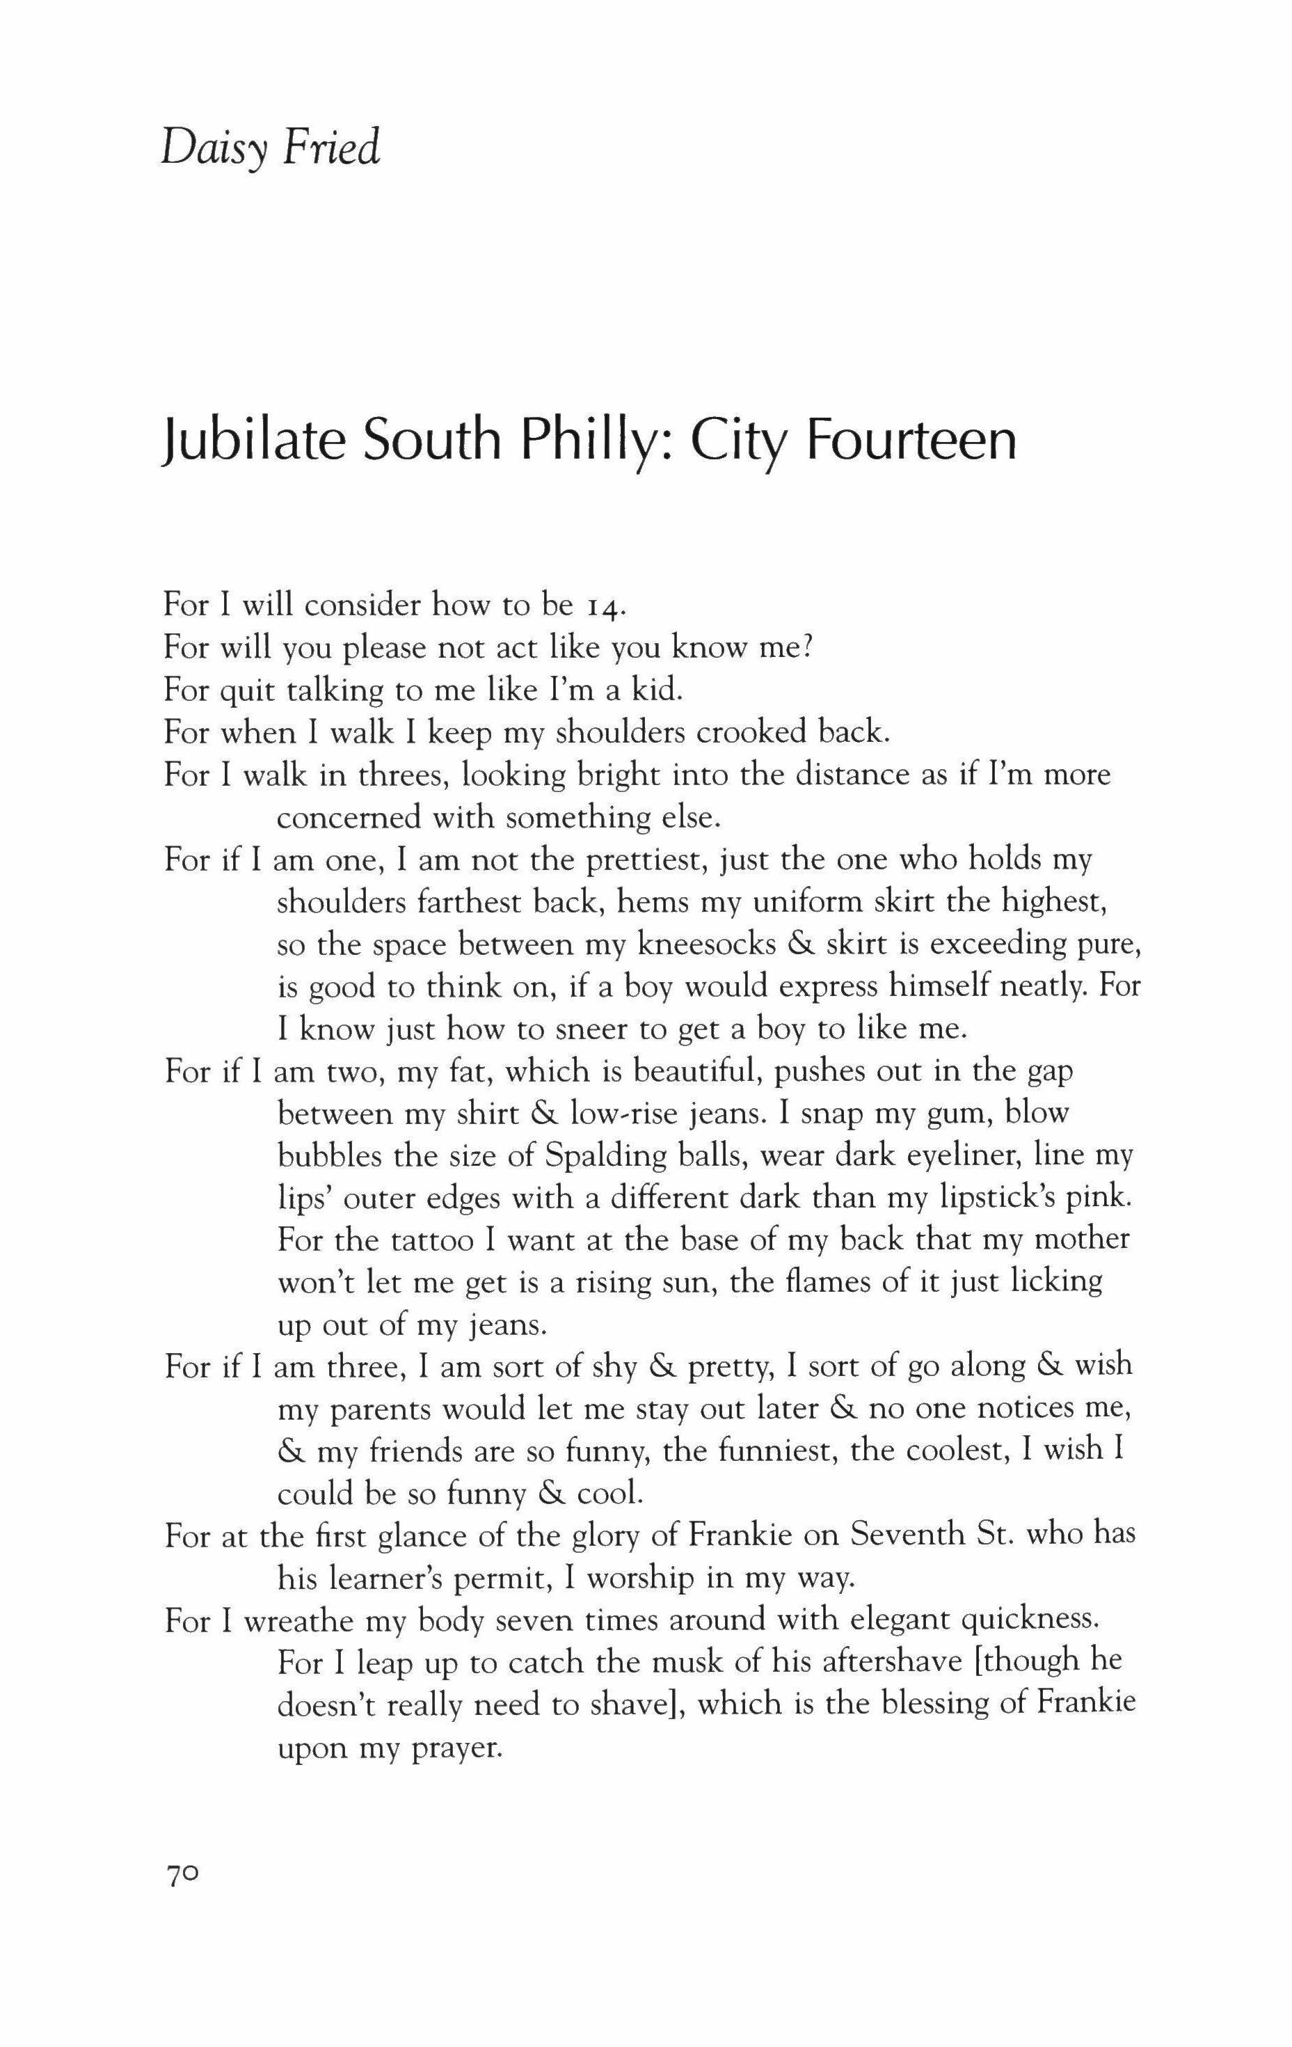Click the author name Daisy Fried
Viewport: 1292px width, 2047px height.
click(x=271, y=150)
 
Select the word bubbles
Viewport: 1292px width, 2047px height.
click(x=326, y=1156)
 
